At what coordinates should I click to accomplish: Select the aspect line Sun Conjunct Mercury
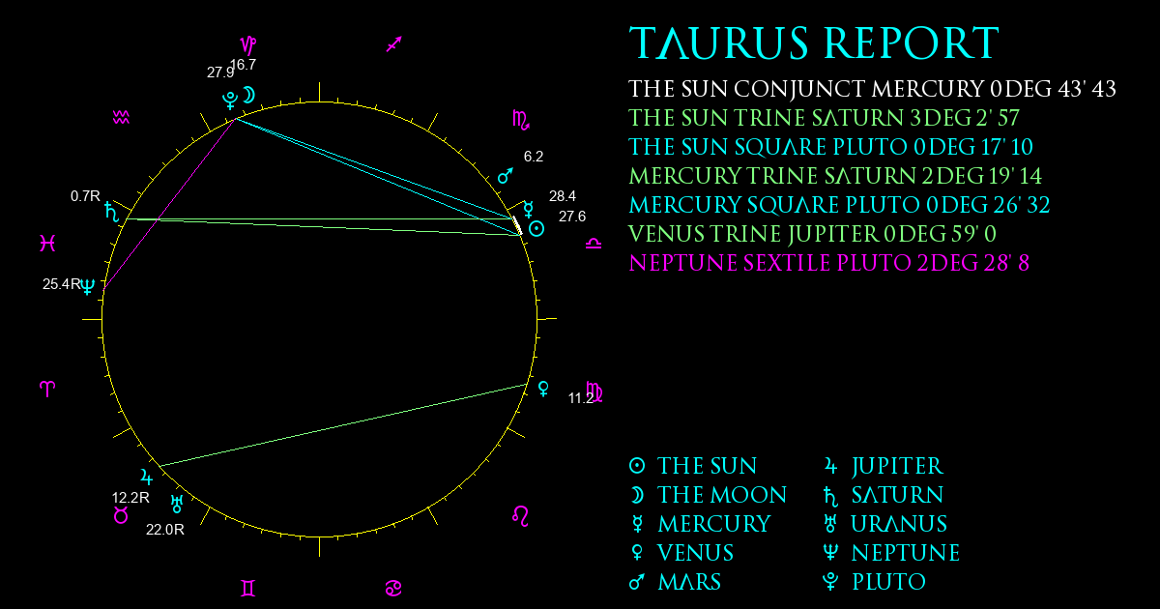point(517,225)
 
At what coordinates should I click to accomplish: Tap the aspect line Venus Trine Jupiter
point(344,425)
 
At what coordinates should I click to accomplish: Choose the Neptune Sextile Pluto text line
point(828,263)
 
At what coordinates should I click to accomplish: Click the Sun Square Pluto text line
point(830,147)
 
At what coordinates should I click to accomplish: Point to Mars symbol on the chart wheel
point(506,176)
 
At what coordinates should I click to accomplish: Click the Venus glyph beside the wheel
point(543,389)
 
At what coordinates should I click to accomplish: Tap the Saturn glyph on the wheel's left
point(111,212)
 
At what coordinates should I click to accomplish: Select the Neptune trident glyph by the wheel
point(88,286)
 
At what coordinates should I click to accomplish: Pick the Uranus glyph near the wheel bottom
point(177,504)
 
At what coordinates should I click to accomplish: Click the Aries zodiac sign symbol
point(47,389)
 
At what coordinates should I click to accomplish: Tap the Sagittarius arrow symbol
point(394,44)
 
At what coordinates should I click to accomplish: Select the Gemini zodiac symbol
point(248,588)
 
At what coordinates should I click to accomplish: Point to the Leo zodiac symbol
point(520,515)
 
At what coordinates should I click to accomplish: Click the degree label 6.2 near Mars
point(534,157)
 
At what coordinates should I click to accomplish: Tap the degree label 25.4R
point(62,284)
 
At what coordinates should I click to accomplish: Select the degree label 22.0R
point(165,530)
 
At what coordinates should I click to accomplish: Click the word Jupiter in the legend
point(897,466)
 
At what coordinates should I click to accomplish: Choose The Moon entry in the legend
point(708,495)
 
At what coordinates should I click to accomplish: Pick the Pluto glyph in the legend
point(830,582)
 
